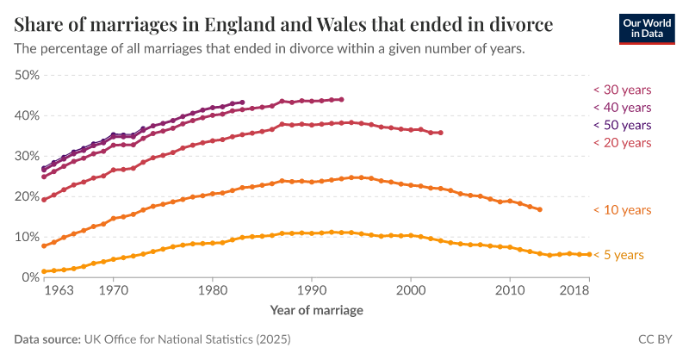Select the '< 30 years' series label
pyautogui.click(x=621, y=90)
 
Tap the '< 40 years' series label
pyautogui.click(x=621, y=108)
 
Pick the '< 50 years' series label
pyautogui.click(x=621, y=125)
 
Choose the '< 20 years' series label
pyautogui.click(x=621, y=143)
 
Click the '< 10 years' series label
pyautogui.click(x=621, y=210)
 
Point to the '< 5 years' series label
pyautogui.click(x=619, y=255)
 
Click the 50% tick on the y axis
pyautogui.click(x=28, y=75)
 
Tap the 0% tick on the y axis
pyautogui.click(x=31, y=277)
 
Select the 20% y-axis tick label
pyautogui.click(x=28, y=196)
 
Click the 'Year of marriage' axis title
pyautogui.click(x=316, y=309)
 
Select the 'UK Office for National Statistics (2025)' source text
pyautogui.click(x=186, y=340)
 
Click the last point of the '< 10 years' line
pyautogui.click(x=540, y=209)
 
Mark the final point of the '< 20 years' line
pyautogui.click(x=441, y=133)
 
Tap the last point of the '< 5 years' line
pyautogui.click(x=589, y=254)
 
